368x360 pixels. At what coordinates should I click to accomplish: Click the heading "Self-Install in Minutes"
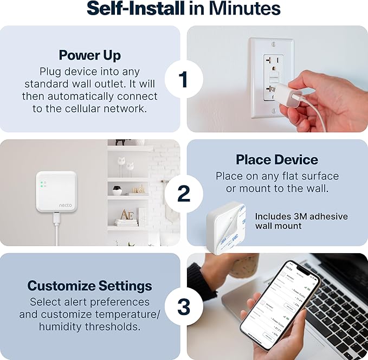(184, 9)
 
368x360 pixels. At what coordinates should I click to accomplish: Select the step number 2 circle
(183, 193)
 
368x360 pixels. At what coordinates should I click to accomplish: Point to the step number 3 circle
(183, 307)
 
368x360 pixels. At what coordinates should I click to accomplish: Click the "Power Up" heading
(90, 55)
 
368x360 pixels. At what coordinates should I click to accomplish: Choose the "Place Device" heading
(277, 159)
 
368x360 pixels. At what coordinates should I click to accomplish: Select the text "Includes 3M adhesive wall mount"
(301, 221)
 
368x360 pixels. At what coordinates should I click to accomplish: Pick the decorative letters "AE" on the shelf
(126, 215)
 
